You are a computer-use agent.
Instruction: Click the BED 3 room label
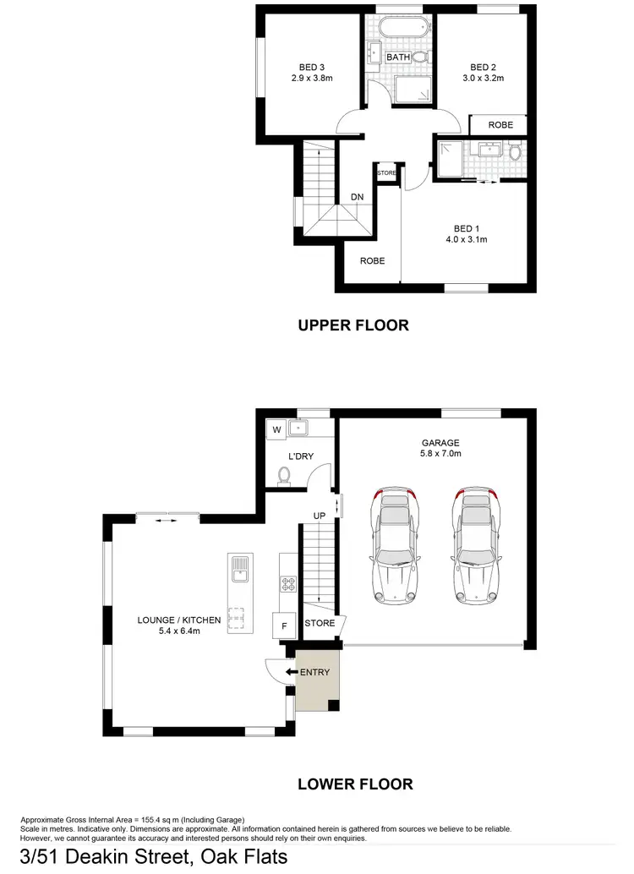[312, 68]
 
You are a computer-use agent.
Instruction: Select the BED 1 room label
[466, 228]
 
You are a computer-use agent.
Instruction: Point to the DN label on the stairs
[358, 197]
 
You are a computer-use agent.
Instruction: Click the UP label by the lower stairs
[320, 515]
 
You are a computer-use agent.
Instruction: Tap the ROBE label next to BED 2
[500, 124]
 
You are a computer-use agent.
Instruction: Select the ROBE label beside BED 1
[372, 261]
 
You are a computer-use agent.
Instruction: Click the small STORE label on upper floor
[386, 173]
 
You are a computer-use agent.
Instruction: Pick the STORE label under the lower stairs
[320, 624]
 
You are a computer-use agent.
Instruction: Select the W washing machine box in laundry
[275, 429]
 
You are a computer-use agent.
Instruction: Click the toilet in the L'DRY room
[285, 479]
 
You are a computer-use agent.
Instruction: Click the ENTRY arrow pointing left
[291, 672]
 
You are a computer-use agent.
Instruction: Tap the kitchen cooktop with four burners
[286, 582]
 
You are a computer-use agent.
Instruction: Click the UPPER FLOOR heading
[353, 325]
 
